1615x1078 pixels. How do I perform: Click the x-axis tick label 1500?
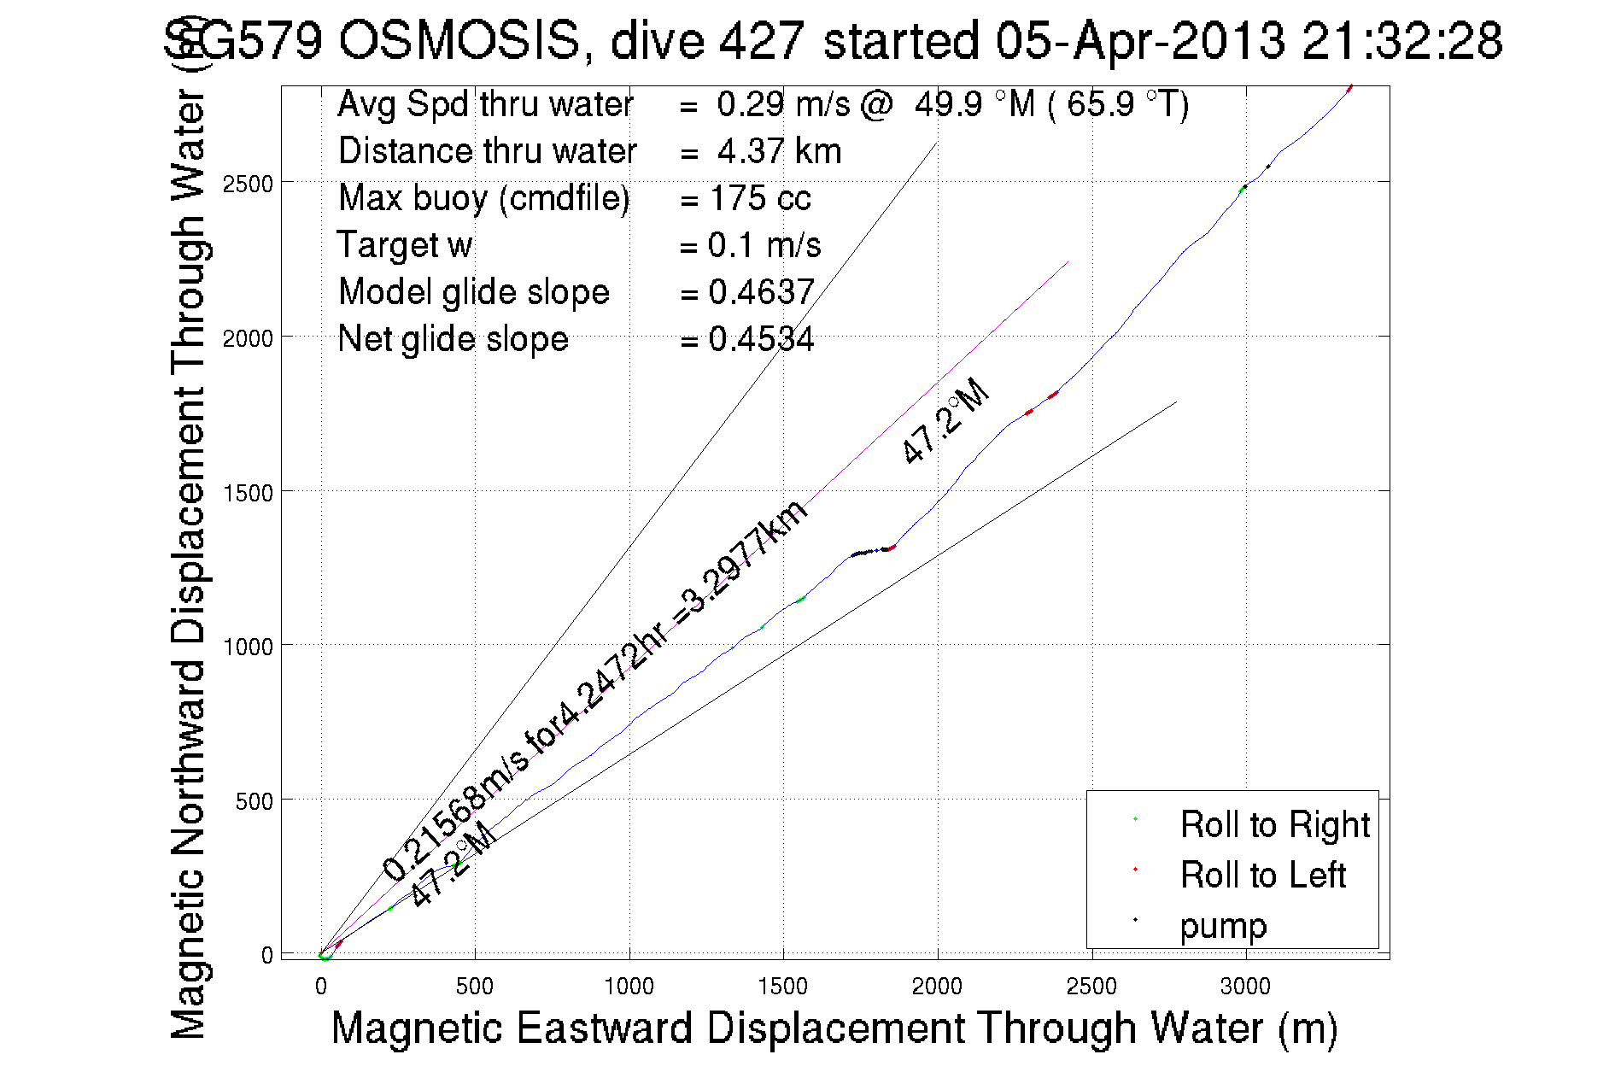point(782,987)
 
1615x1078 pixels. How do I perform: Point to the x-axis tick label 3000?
point(1245,987)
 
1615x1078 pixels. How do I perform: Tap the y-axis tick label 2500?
point(248,184)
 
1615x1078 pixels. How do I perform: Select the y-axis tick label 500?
point(254,801)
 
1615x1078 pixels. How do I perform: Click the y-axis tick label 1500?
point(248,493)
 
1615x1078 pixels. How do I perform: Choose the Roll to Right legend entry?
point(1274,824)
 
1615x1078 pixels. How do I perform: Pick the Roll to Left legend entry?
point(1262,875)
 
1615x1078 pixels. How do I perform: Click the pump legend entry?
point(1223,926)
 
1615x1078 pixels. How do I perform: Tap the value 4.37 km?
point(779,151)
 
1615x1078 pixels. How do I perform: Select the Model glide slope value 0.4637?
point(761,292)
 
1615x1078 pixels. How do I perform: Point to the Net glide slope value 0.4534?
point(761,339)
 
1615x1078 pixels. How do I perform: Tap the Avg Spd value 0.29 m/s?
point(783,104)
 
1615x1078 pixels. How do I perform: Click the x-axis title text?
point(834,1028)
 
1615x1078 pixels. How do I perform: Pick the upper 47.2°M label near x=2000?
point(945,421)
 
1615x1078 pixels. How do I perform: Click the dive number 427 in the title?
point(761,40)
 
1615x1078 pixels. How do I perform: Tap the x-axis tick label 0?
point(321,987)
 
